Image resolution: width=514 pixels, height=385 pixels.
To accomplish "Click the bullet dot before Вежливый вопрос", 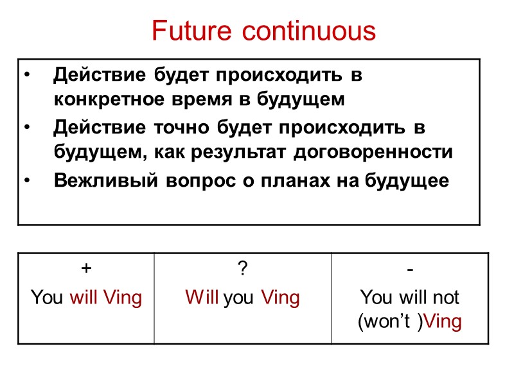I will [26, 182].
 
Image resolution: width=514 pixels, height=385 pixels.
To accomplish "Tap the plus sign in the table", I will [86, 270].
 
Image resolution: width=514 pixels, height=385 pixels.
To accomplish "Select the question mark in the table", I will [242, 270].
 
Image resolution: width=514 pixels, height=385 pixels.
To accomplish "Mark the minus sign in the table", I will [410, 270].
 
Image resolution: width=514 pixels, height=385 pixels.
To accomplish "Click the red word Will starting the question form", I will [202, 298].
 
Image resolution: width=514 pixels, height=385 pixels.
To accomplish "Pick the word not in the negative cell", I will [447, 298].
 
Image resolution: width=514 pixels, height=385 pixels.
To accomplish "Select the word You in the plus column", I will [47, 298].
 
